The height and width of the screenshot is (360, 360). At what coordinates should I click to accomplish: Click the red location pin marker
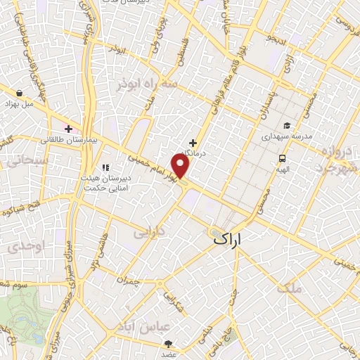coord(181,166)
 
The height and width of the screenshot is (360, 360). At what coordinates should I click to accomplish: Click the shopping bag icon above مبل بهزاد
coord(19,92)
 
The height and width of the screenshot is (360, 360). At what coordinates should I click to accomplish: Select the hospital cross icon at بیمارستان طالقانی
coord(68,128)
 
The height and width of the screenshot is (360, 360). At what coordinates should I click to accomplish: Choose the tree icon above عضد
coord(169,344)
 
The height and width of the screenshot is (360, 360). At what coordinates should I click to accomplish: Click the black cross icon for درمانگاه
coord(193,142)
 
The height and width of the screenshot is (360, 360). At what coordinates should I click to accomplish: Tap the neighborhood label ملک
coord(289,288)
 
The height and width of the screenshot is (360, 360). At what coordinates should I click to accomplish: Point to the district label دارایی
coord(149,231)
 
